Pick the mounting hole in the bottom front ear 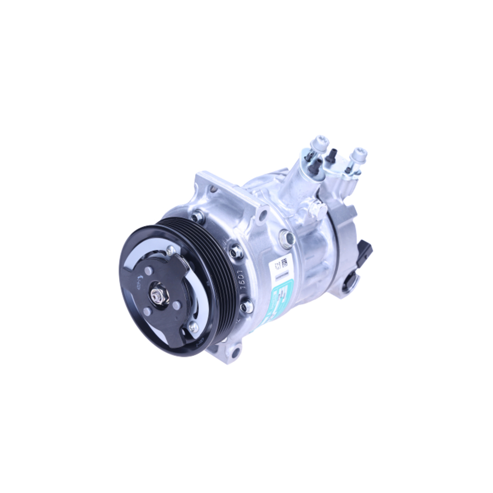pos(235,352)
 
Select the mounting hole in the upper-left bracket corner pos(213,188)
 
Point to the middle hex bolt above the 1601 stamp pos(236,251)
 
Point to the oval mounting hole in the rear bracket pos(351,282)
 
